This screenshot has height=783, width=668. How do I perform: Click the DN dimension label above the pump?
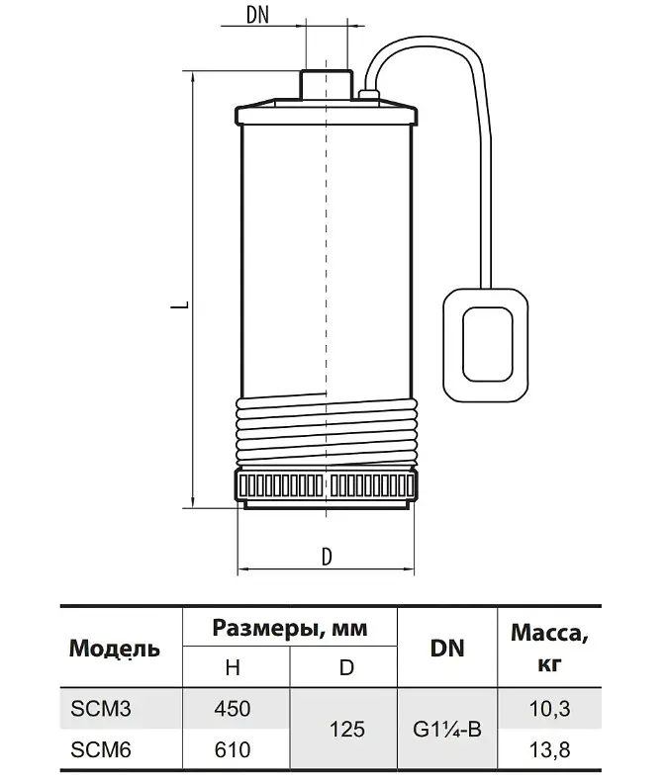pos(257,15)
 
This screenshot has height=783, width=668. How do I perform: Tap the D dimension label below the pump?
pos(327,557)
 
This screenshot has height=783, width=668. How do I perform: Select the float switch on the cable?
pos(486,346)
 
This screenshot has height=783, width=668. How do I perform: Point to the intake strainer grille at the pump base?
pos(327,484)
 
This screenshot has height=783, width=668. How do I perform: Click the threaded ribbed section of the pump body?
pos(327,430)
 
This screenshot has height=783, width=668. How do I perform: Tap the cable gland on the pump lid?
pos(369,95)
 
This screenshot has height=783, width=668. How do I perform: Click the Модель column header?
pos(115,649)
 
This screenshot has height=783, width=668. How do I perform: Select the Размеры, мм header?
pos(290,628)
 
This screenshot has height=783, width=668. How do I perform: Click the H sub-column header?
pos(233,667)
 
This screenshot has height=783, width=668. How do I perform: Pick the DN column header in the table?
pos(447,649)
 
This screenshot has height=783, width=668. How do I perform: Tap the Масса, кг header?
pos(549,649)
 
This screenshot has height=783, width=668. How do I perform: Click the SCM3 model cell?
pos(101,709)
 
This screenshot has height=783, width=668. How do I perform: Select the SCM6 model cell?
pos(101,750)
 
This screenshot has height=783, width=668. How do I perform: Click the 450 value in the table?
pos(233,709)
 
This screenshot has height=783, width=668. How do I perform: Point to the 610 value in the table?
pos(233,750)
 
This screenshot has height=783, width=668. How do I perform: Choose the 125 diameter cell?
pos(347,729)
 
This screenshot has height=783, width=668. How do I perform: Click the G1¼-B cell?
pos(447,729)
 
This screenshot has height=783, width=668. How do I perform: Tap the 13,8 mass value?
pos(549,750)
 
